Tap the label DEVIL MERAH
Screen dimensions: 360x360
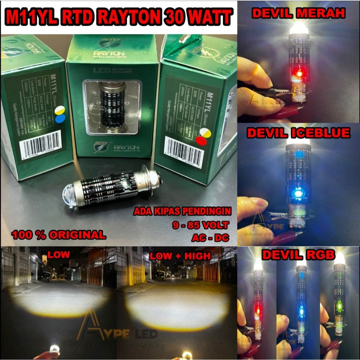coord(298,13)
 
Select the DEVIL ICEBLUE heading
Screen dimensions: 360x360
coord(298,133)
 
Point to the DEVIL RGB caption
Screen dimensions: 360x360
coord(298,255)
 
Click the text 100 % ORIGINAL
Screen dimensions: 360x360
coord(59,235)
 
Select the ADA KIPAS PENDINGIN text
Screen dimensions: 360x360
coord(182,212)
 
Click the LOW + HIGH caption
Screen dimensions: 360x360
coord(180,256)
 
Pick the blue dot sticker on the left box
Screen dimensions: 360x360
coord(60,118)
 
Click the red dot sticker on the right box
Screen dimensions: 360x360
coord(201,141)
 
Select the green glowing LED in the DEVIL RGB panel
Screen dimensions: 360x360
coord(340,306)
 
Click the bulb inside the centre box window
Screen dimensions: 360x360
coord(112,106)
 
